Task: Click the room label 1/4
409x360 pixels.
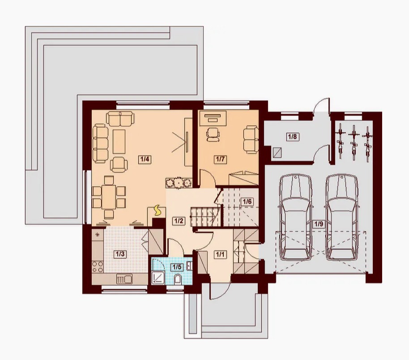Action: [145, 159]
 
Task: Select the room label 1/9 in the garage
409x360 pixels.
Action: [319, 224]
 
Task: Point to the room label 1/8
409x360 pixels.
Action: [292, 137]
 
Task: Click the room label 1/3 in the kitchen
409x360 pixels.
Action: [120, 254]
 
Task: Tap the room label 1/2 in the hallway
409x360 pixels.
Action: [179, 221]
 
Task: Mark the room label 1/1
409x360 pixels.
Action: [220, 254]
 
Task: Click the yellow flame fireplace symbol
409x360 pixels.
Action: [158, 210]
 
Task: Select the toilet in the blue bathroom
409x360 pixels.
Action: [178, 279]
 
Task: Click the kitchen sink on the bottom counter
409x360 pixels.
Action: [124, 279]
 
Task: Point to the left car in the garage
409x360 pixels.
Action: [295, 217]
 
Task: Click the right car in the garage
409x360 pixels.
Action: [342, 217]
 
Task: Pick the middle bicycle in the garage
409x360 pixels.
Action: [354, 142]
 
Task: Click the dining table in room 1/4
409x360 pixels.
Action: [109, 197]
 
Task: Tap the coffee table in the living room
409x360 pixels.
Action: [119, 141]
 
